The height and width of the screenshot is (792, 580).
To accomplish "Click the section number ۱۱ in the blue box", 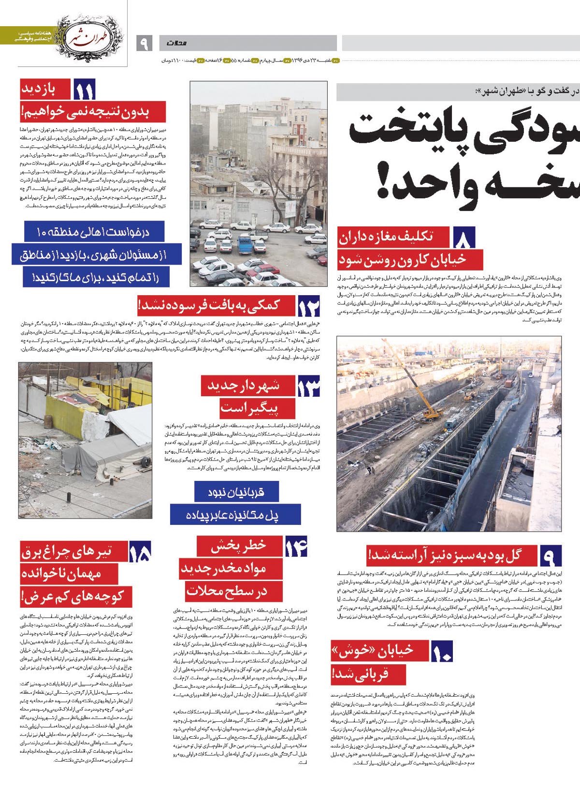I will tap(84, 90).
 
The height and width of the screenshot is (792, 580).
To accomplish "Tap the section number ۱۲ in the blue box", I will tap(309, 307).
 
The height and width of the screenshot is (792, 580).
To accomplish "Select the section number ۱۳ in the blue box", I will tap(308, 386).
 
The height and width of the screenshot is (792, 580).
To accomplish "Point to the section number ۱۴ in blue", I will tap(296, 547).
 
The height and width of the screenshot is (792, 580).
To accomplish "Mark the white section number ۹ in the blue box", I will tap(550, 556).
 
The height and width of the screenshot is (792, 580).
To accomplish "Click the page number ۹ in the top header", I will tap(144, 44).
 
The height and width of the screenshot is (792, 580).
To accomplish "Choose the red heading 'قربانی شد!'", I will tap(368, 673).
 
